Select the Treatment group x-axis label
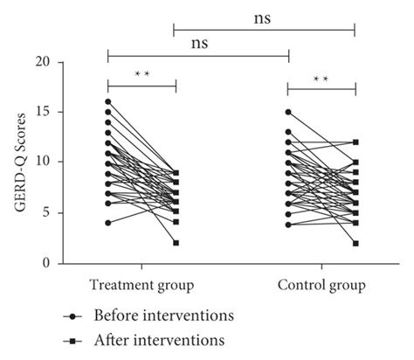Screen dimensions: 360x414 (141, 286)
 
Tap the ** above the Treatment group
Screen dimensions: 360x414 (142, 74)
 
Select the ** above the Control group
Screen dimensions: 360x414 (321, 80)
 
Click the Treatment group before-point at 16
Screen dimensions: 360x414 (108, 101)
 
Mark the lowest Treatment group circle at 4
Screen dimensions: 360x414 (108, 223)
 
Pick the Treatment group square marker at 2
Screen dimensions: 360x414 (176, 243)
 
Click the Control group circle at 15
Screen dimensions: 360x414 (288, 112)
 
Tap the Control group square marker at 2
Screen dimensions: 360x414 (355, 243)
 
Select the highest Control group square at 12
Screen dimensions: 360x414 (355, 142)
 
